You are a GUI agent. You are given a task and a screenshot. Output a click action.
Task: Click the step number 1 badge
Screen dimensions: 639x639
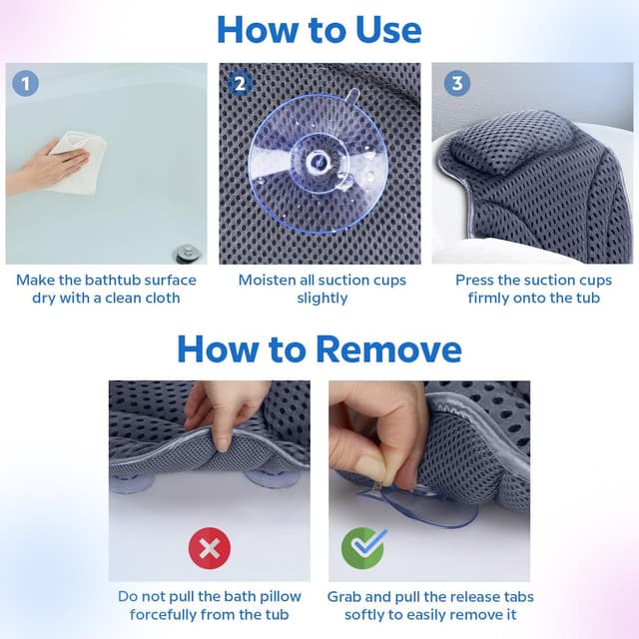(x=25, y=84)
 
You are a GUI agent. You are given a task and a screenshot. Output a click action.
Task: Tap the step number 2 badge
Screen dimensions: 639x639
(x=240, y=84)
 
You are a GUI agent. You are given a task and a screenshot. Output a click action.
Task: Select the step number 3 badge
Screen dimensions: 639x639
(x=457, y=84)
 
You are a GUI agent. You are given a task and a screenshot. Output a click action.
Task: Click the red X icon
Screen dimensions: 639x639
(x=210, y=548)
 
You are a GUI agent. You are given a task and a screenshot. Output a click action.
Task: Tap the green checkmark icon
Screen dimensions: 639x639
(x=363, y=548)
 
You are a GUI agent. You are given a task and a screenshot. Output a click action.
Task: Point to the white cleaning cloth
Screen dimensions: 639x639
(x=78, y=162)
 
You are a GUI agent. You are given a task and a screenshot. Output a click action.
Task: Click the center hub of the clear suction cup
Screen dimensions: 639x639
(x=317, y=162)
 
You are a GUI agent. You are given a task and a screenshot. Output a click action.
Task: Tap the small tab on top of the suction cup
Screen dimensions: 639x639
(x=351, y=97)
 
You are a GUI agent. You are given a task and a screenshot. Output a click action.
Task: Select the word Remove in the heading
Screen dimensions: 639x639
(x=388, y=349)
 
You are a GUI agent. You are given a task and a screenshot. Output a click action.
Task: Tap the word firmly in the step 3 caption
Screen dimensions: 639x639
(x=489, y=298)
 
